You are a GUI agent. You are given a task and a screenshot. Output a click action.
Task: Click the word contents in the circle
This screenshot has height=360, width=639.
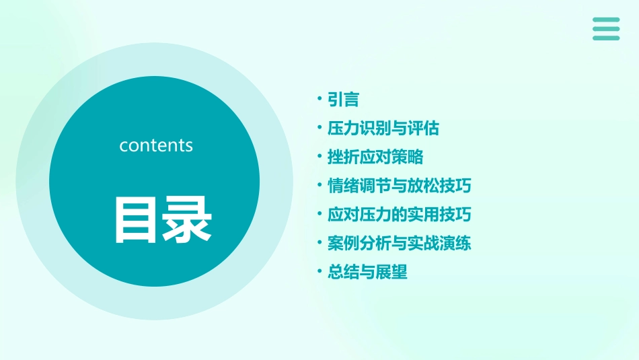point(156,145)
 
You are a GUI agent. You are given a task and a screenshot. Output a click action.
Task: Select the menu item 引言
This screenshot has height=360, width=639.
point(343,100)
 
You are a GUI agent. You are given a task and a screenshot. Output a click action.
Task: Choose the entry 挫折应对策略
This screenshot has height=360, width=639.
point(375,157)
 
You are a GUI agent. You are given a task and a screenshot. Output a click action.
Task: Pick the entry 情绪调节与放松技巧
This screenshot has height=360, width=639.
point(399,186)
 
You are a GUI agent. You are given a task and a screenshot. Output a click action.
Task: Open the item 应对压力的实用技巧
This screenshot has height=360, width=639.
point(399,215)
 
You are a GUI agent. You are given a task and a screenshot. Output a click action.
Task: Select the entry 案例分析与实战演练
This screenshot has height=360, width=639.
point(399,243)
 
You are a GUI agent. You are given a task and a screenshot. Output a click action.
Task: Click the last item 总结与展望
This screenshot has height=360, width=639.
point(367,272)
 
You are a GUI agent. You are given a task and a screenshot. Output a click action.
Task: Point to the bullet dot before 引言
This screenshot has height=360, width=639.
point(319,100)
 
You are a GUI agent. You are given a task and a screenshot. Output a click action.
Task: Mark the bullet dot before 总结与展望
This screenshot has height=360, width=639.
point(319,272)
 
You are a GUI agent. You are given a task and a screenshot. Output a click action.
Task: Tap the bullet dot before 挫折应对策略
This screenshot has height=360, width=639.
point(319,157)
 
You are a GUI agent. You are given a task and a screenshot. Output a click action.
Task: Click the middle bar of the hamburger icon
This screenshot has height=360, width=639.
point(606,29)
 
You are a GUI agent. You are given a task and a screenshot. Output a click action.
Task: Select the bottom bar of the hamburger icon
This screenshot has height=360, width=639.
point(606,38)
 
